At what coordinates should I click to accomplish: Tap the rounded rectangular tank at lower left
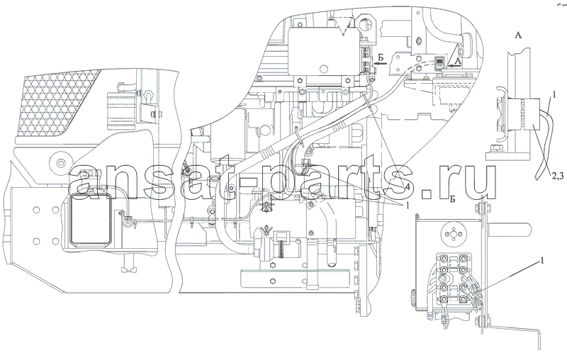91,219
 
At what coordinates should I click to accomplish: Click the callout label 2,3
557,176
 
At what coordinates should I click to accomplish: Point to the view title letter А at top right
518,35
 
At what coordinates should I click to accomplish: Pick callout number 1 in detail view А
554,94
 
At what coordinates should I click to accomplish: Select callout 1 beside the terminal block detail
541,261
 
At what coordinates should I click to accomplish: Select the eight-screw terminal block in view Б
452,279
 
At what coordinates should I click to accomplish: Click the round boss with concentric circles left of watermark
60,160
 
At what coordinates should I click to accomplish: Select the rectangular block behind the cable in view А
531,115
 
